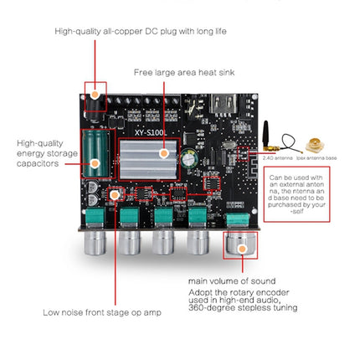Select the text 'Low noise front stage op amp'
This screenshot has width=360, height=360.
tap(93, 313)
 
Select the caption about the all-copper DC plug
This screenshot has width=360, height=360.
tap(141, 31)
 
